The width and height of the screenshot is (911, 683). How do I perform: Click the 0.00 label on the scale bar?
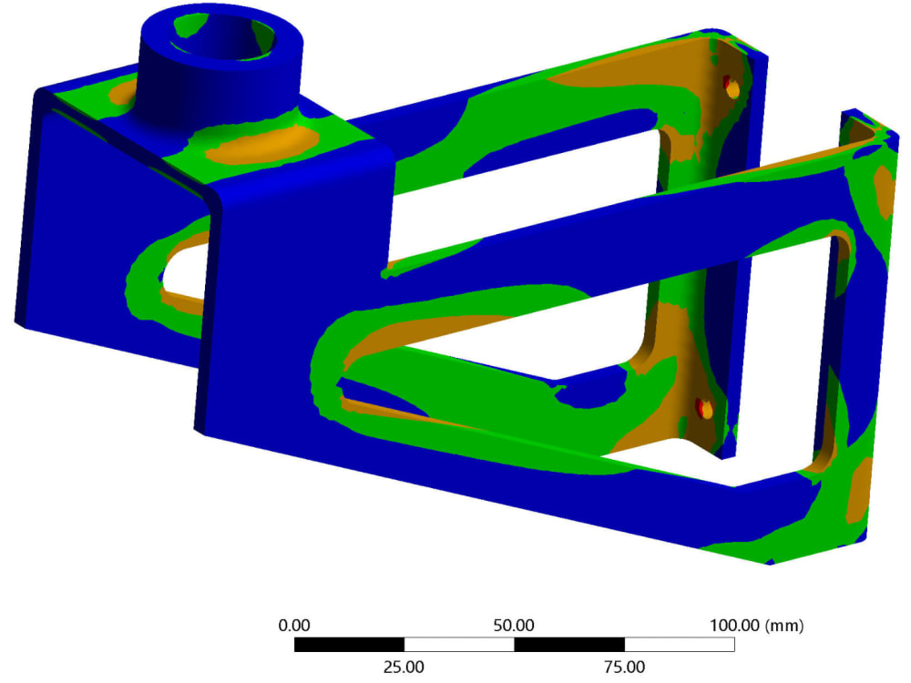[294, 626]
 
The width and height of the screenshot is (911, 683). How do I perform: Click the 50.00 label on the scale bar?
[514, 626]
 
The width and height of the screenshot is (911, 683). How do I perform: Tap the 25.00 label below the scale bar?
[404, 667]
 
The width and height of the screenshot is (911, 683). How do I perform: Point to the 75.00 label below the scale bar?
[625, 667]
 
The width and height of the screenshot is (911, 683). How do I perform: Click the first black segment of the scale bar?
[349, 645]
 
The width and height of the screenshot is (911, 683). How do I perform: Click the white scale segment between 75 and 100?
[680, 645]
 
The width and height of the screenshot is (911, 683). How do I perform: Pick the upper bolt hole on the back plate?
[730, 87]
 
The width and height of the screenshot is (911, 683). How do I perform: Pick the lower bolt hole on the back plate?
[703, 409]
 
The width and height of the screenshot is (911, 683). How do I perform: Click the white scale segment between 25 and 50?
[459, 645]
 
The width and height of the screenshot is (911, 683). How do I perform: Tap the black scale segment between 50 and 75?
[569, 645]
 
